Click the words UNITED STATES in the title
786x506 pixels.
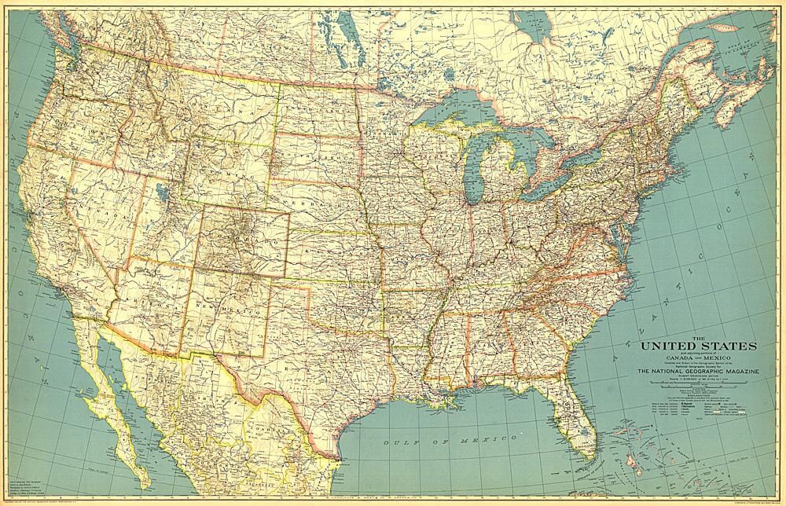699,346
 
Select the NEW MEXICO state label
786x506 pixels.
223,302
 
